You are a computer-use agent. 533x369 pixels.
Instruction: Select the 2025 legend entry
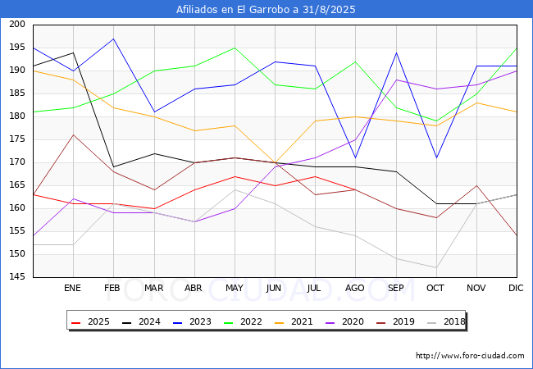(x=90, y=321)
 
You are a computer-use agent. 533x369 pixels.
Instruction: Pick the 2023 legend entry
(x=192, y=321)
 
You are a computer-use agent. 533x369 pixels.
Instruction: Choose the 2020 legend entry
(x=344, y=321)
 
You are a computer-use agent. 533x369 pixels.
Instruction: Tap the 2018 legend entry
(x=446, y=321)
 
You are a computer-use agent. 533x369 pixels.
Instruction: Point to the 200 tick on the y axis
(x=17, y=24)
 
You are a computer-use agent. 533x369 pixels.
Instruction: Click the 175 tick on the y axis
(x=17, y=139)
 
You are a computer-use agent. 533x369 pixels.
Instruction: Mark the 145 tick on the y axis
(x=17, y=276)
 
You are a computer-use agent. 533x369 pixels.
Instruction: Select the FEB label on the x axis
(x=112, y=288)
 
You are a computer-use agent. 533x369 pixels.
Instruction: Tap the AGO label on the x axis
(x=355, y=288)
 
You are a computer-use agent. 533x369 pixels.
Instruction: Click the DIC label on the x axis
(x=516, y=288)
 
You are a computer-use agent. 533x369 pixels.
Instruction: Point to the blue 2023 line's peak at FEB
(x=113, y=39)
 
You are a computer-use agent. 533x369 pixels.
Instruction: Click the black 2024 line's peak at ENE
(x=73, y=52)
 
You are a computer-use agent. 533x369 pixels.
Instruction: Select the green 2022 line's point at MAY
(x=235, y=48)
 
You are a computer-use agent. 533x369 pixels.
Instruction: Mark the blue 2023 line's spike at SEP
(x=396, y=52)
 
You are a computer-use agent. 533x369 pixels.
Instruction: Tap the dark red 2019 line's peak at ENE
(x=73, y=135)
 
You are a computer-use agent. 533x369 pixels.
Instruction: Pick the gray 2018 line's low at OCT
(x=436, y=268)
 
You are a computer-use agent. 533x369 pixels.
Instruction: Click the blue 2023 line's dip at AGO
(x=356, y=157)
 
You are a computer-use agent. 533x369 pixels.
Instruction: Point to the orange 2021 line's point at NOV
(x=477, y=102)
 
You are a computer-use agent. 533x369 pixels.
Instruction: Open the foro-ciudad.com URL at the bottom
(x=470, y=356)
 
